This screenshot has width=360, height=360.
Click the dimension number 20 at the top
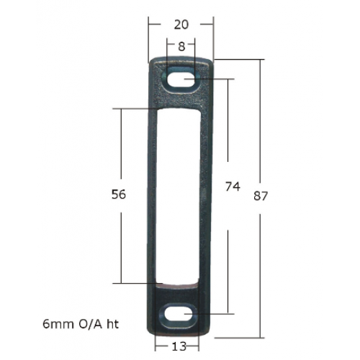(181, 24)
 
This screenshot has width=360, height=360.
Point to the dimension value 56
(120, 195)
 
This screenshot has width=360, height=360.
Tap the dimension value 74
(232, 187)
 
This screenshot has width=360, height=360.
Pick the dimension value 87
(261, 196)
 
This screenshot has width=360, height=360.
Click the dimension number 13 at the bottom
(180, 346)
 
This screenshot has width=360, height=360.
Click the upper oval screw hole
(181, 81)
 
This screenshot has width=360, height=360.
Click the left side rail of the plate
(153, 194)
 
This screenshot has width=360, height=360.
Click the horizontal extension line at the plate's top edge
(238, 60)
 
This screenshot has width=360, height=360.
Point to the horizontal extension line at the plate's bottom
(238, 337)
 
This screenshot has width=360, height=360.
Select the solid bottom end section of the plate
(180, 292)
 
